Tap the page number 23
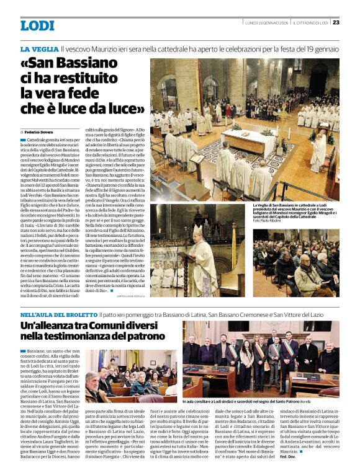pyautogui.click(x=336, y=22)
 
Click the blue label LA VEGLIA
pyautogui.click(x=38, y=48)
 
